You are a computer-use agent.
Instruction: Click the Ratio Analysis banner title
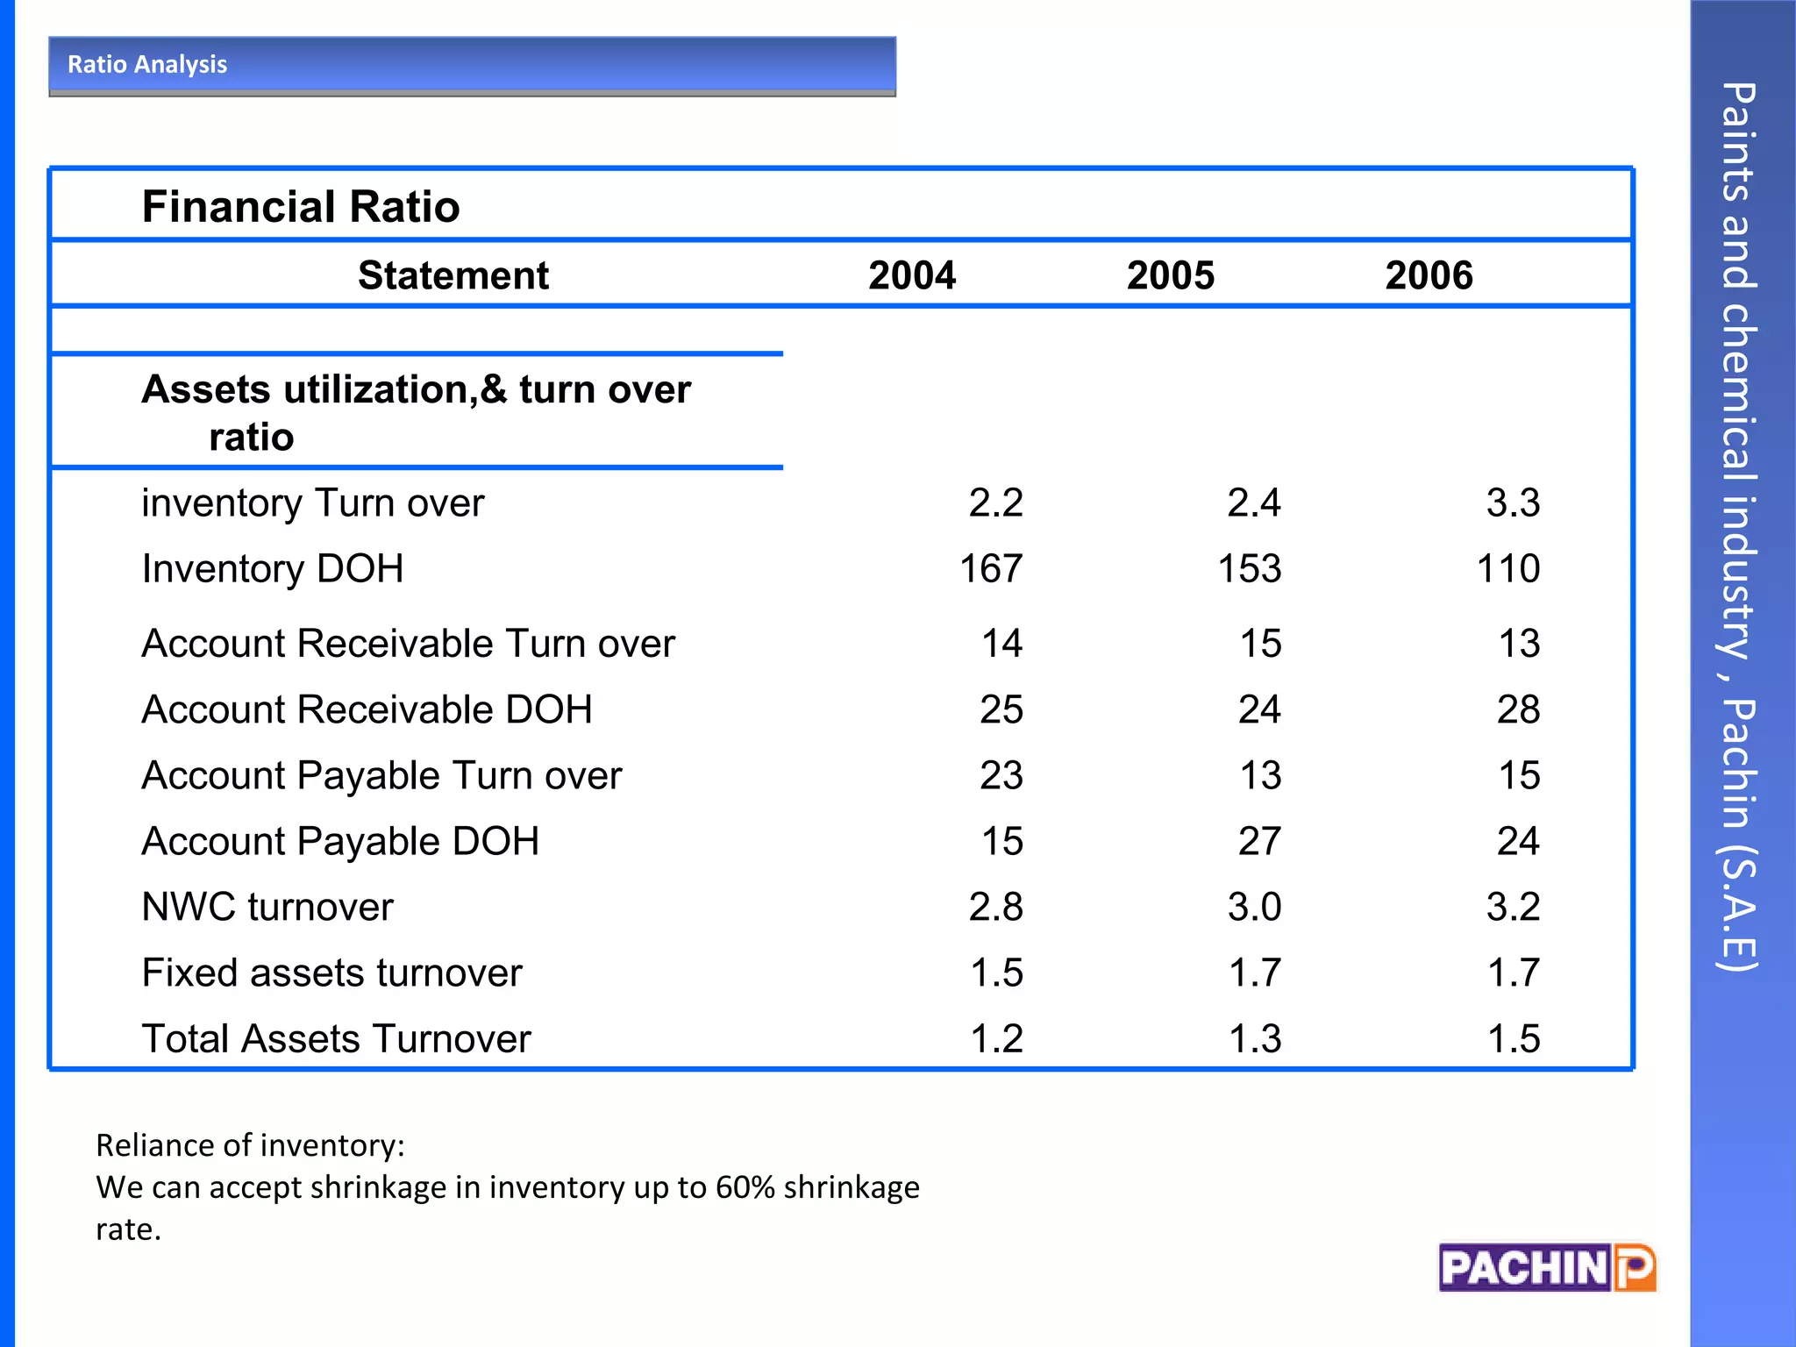pos(147,65)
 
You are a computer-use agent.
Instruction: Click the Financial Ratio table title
pos(301,207)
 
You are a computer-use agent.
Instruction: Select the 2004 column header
pos(912,275)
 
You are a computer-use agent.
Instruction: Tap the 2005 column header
pos(1171,275)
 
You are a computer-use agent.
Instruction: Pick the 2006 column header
pos(1429,275)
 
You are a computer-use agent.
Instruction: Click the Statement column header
pos(453,275)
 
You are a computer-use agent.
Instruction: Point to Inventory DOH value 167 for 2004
pos(991,568)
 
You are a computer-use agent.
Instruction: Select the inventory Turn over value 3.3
pos(1513,502)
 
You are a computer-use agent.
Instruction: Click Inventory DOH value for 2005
pos(1250,568)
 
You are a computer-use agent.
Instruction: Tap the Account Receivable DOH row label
pos(367,709)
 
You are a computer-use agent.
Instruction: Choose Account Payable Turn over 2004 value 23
pos(1001,775)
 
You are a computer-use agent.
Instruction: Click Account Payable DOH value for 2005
pos(1259,841)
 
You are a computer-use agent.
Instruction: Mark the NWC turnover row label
pos(267,907)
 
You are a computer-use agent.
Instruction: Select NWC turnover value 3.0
pos(1254,907)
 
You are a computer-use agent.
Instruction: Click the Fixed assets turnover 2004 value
pos(996,973)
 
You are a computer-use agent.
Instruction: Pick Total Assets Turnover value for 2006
pos(1514,1038)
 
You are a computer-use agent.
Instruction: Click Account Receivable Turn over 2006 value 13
pos(1519,644)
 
